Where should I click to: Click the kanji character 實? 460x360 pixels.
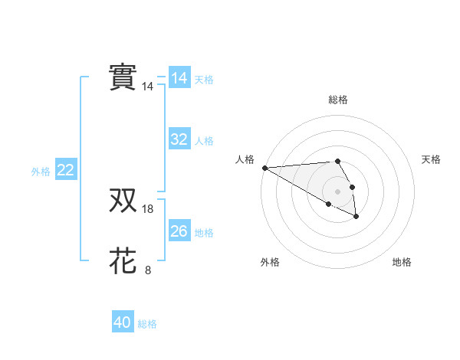[123, 77]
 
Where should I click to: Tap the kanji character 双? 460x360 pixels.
[123, 201]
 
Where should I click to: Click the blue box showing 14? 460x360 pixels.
[179, 78]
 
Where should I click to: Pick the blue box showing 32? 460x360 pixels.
[179, 139]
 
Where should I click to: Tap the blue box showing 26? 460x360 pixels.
[179, 231]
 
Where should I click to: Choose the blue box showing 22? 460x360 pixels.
[66, 170]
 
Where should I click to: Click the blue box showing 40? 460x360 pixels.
[123, 322]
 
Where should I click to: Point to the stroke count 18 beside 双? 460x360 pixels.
[148, 208]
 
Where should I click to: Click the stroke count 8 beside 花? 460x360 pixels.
[148, 270]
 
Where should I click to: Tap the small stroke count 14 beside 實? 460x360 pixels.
[148, 87]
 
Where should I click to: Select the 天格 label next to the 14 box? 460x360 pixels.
[204, 80]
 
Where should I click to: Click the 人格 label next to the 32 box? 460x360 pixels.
[204, 141]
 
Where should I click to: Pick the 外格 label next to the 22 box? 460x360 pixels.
[41, 172]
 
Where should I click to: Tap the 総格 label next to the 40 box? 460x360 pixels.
[147, 324]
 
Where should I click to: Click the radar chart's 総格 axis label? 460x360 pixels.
[337, 100]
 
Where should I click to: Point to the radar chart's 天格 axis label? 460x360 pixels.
[431, 159]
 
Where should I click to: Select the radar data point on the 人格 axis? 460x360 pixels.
[264, 168]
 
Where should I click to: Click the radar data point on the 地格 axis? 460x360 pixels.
[356, 218]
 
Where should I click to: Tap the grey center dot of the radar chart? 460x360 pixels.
[337, 191]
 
